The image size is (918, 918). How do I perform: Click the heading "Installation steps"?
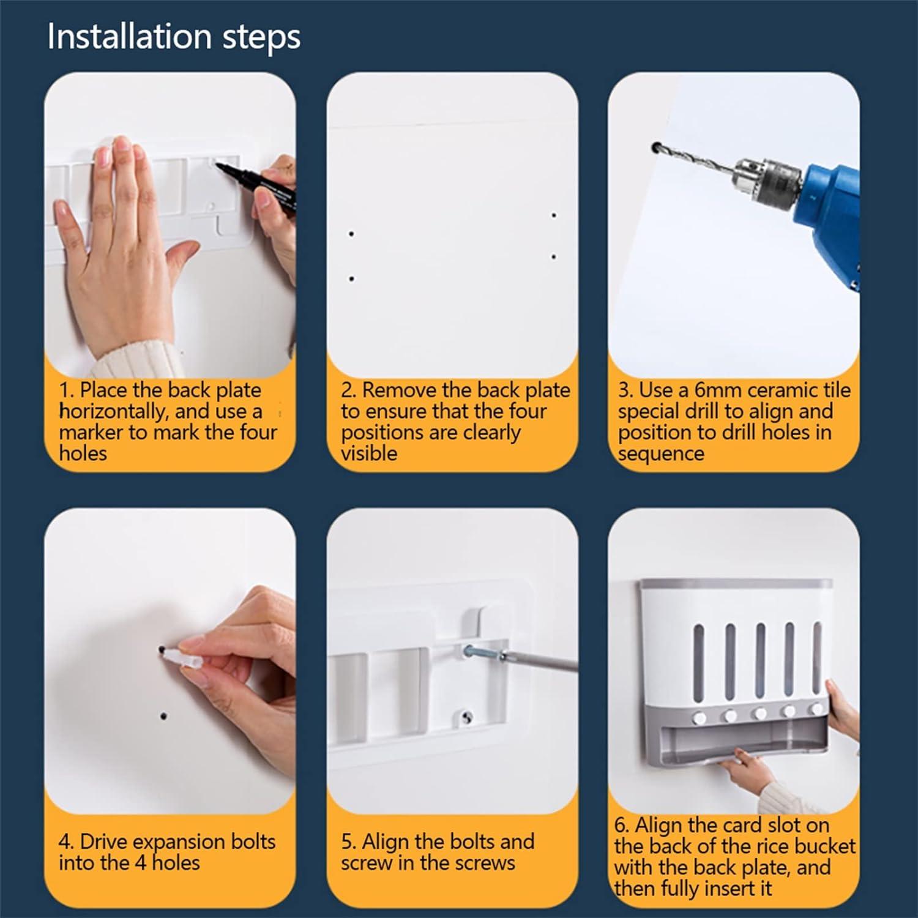(x=174, y=37)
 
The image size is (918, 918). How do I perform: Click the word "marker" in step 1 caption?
(x=95, y=432)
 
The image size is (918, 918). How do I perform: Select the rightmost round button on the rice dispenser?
(x=816, y=709)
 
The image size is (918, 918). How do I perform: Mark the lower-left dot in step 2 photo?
(x=351, y=279)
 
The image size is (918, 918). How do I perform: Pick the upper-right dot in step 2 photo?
(x=553, y=215)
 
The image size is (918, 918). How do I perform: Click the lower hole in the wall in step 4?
(x=163, y=715)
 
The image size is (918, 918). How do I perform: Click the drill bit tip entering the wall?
(x=657, y=147)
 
